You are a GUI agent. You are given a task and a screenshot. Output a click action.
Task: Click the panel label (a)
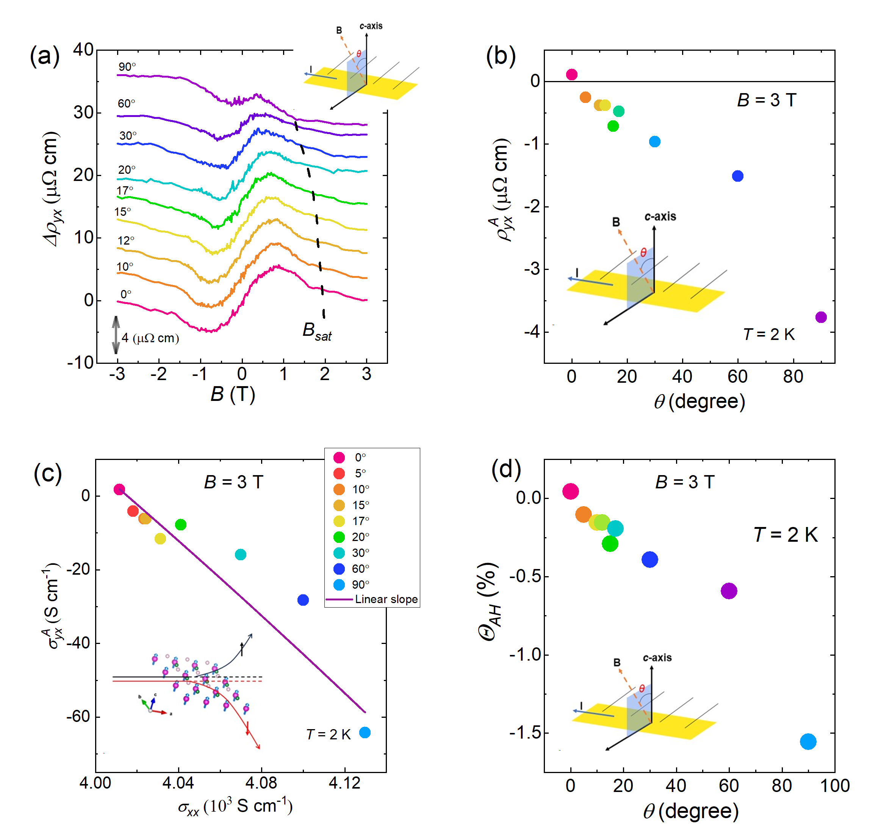point(44,56)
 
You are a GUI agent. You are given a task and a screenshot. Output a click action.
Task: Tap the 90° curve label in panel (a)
point(127,67)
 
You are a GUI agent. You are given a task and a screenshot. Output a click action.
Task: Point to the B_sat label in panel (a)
point(317,331)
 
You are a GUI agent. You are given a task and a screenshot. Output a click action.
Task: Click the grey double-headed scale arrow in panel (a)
point(116,335)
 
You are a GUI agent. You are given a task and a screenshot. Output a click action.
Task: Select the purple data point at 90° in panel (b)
point(821,317)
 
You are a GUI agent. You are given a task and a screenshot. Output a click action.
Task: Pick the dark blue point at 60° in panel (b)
point(737,176)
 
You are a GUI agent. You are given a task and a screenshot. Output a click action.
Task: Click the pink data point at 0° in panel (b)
point(572,74)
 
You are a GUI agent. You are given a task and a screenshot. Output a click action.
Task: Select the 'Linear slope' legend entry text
point(386,599)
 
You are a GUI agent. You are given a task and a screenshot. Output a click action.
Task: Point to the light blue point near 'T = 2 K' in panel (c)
point(365,733)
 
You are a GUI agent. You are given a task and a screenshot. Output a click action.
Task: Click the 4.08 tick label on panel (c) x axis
point(261,783)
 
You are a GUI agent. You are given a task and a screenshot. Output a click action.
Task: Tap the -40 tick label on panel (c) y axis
point(78,643)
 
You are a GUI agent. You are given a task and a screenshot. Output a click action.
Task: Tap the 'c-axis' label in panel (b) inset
point(660,217)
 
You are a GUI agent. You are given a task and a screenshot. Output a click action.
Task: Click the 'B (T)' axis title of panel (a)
point(233,394)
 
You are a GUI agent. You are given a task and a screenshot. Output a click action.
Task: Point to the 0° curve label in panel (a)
point(126,294)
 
